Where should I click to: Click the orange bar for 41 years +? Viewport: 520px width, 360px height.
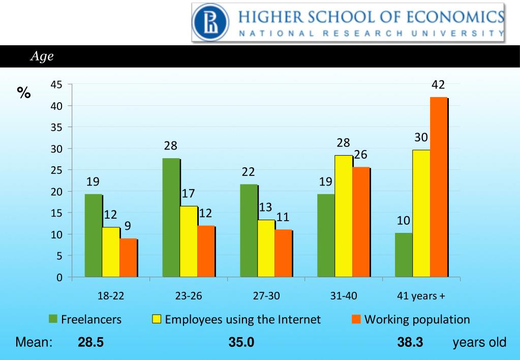439,187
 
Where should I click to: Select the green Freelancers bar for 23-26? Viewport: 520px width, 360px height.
171,218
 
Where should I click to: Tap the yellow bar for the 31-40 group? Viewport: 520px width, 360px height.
344,216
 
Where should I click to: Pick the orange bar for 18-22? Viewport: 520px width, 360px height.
128,258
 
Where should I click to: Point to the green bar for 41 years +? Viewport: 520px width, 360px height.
404,255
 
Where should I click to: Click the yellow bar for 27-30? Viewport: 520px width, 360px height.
266,249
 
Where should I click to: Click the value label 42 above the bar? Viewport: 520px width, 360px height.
438,85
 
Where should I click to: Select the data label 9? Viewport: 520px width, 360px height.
128,226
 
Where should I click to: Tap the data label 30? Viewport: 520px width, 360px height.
421,137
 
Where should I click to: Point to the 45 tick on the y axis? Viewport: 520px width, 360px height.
56,85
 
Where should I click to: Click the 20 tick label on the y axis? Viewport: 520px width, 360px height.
56,192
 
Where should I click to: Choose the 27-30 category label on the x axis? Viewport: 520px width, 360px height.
266,295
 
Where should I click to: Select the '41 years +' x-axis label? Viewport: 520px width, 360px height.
421,295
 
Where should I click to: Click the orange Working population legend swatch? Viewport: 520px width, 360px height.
356,319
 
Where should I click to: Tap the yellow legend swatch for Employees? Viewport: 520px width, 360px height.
157,319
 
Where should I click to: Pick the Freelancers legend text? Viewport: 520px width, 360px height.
91,319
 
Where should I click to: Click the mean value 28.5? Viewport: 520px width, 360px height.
90,342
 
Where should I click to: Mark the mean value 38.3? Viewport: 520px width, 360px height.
410,342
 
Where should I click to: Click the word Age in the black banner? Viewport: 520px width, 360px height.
42,56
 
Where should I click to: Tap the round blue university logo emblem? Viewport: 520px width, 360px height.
210,22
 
